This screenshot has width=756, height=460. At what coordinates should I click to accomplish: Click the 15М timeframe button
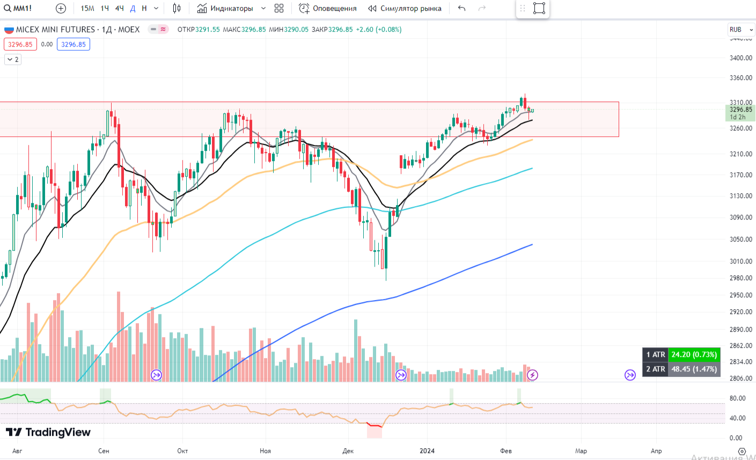click(87, 8)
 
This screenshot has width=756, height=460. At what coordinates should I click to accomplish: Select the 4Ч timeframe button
click(119, 8)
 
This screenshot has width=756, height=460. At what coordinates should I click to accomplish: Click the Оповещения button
click(328, 8)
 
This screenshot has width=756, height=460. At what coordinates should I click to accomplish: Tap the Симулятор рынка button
click(405, 8)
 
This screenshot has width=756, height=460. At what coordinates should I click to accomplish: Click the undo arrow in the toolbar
click(462, 8)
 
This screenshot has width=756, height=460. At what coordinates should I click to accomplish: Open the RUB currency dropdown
click(741, 30)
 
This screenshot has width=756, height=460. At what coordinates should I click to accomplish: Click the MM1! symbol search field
click(18, 8)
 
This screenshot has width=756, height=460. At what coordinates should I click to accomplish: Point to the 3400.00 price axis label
click(740, 57)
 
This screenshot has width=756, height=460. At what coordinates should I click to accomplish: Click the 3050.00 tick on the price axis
click(740, 239)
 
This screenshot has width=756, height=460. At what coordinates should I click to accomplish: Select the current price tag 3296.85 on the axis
click(740, 109)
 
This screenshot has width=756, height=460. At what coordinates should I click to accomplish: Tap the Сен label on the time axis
click(104, 451)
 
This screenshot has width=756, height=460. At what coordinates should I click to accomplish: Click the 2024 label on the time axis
click(427, 451)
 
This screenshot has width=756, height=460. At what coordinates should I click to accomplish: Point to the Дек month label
click(348, 451)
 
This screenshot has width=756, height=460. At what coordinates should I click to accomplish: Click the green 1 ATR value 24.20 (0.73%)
click(694, 355)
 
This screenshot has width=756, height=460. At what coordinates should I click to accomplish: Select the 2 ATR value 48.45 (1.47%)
click(694, 369)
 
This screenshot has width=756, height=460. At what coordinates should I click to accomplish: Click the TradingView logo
click(48, 432)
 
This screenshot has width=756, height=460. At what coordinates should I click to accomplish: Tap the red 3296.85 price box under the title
click(20, 45)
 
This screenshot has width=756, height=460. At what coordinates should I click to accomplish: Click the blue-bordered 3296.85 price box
click(73, 45)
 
